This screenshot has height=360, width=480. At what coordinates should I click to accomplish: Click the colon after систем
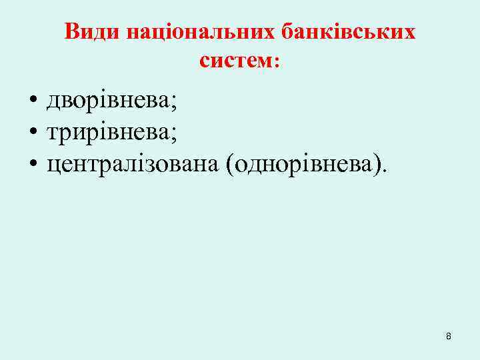[x=277, y=62]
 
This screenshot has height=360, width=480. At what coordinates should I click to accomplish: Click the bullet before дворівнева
[x=32, y=103]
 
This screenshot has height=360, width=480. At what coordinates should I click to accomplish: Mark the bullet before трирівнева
[x=32, y=133]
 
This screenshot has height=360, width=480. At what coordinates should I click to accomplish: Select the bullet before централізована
[x=32, y=164]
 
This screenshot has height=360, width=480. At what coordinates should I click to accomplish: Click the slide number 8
[x=448, y=337]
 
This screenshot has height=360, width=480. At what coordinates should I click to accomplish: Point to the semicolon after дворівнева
[x=174, y=104]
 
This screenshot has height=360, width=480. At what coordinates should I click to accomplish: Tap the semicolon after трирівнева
[x=174, y=135]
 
